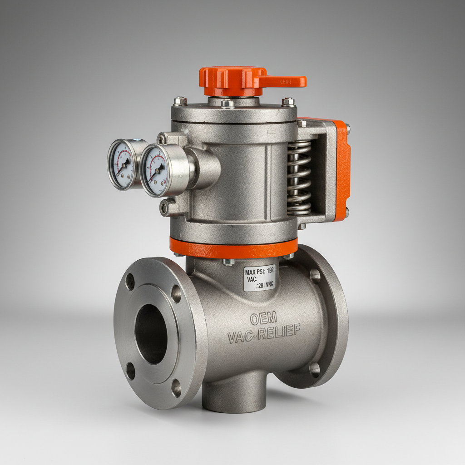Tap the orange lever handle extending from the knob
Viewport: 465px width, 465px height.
pyautogui.click(x=284, y=81)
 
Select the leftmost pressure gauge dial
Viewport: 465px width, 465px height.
pyautogui.click(x=121, y=164)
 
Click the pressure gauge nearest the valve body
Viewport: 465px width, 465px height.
pyautogui.click(x=155, y=170)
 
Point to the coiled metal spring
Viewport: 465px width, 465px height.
pyautogui.click(x=299, y=177)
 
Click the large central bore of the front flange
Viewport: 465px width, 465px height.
pyautogui.click(x=151, y=333)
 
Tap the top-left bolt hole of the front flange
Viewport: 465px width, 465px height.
pyautogui.click(x=130, y=282)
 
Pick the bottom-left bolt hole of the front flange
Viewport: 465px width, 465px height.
pyautogui.click(x=130, y=371)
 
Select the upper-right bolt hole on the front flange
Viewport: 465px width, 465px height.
pyautogui.click(x=176, y=294)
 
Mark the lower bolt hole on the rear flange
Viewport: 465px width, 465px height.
pyautogui.click(x=314, y=369)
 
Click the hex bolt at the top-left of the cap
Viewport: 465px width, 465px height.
pyautogui.click(x=180, y=101)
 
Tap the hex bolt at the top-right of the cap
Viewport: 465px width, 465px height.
pyautogui.click(x=288, y=102)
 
